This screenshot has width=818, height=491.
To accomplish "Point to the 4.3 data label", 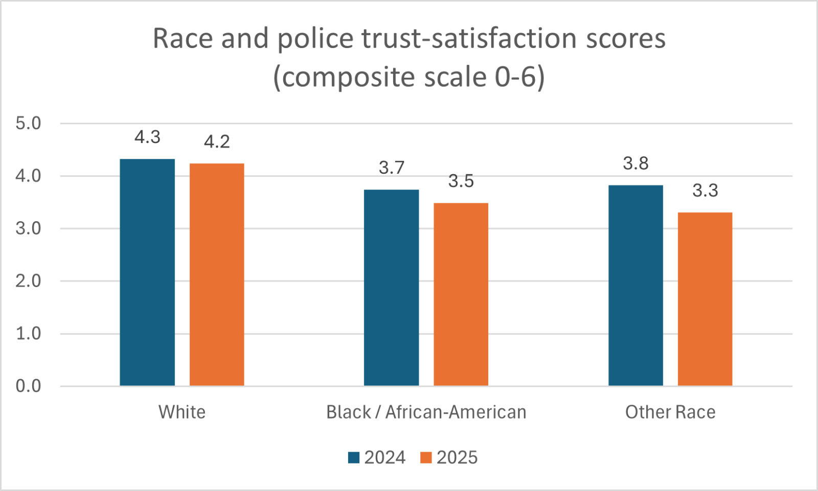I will [147, 137].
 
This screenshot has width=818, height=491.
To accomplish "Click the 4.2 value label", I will [217, 142].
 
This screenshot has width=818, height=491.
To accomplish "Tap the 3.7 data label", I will [392, 168].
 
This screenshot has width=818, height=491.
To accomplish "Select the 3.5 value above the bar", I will [461, 181].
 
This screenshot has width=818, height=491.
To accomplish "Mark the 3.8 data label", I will [635, 163].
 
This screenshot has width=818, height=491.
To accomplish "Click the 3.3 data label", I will [705, 191].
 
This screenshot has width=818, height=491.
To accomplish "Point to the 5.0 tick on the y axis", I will [28, 123].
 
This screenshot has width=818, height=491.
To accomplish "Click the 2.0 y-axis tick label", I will [28, 281].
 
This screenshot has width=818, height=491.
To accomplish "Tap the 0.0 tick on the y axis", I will [28, 386].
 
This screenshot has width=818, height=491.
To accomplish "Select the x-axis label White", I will [182, 412].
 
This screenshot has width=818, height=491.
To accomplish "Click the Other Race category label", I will [670, 412].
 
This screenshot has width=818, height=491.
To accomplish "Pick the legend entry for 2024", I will [377, 457].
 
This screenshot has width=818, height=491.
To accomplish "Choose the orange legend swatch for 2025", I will [426, 457].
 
